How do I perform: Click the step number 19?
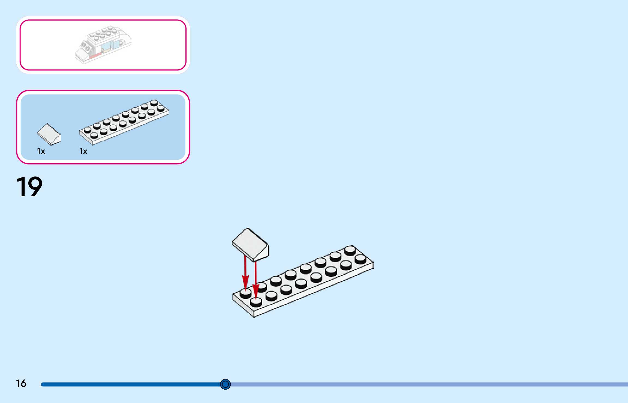pos(29,187)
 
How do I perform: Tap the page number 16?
pos(21,383)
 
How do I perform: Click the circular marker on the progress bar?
pos(225,384)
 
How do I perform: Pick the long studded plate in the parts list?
pos(124,122)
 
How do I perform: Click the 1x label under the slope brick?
pos(41,151)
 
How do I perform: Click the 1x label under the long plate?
pos(83,151)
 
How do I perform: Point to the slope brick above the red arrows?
pos(250,244)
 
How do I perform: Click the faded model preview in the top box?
pos(103,45)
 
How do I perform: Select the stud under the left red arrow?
pos(245,293)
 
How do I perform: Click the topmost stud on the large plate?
pos(350,250)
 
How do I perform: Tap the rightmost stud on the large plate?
pos(360,259)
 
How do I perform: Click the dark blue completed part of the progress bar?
pos(131,384)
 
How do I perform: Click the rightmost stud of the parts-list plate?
pos(161,108)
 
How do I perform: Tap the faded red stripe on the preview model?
pos(95,56)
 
